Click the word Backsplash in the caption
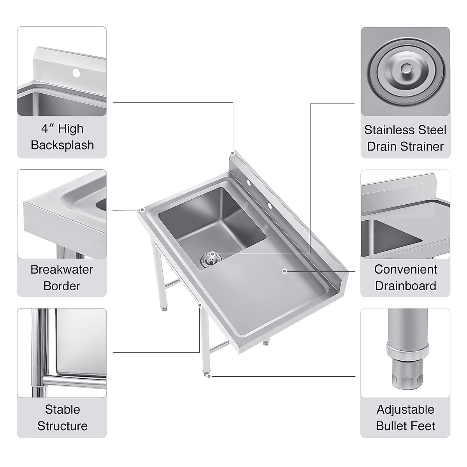coord(62,145)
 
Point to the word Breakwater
coord(62,269)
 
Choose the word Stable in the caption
coord(62,409)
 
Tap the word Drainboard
coord(405,286)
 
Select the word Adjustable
coord(405,409)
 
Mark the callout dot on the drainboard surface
coord(284,271)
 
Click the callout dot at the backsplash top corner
coord(233,153)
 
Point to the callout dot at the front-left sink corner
coord(142,210)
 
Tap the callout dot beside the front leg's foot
coord(209,376)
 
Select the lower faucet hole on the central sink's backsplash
coord(269,205)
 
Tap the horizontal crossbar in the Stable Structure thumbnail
coord(74,379)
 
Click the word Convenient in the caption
coord(405,269)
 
